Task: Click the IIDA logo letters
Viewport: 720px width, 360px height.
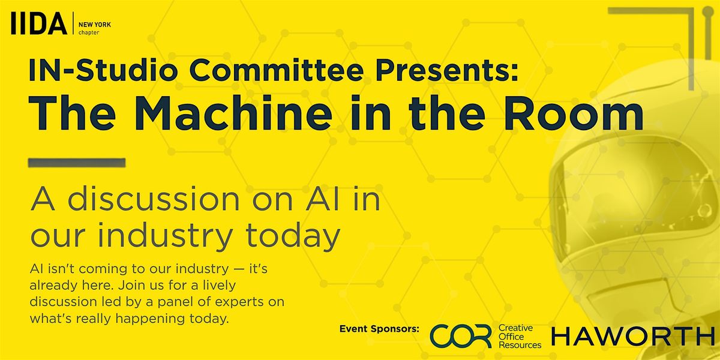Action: [x=39, y=23]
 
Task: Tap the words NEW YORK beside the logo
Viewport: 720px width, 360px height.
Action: [x=95, y=25]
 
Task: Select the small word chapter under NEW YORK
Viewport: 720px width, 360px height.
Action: [x=89, y=33]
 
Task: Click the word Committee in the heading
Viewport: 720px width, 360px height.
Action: [x=276, y=70]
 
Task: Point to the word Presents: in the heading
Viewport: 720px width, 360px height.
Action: [x=447, y=70]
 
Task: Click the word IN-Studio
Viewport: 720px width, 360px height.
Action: [x=103, y=70]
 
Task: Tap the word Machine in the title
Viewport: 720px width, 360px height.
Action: [x=233, y=113]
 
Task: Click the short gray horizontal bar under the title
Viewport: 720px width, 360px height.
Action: [x=77, y=163]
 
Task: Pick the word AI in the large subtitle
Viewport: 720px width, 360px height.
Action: [x=322, y=199]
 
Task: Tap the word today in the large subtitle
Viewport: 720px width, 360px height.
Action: [x=293, y=236]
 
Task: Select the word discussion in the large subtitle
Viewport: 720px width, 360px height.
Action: [x=154, y=199]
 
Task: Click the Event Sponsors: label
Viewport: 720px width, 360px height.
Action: [x=379, y=329]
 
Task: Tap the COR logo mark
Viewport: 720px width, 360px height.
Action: [x=461, y=336]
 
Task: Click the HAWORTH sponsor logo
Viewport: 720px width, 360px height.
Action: [x=633, y=336]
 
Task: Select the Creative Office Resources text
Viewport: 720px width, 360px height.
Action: [x=520, y=337]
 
